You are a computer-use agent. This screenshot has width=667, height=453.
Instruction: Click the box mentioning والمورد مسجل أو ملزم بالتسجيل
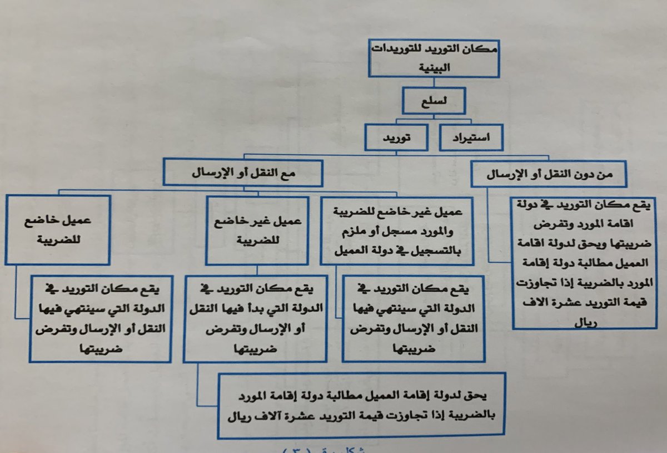[396, 229]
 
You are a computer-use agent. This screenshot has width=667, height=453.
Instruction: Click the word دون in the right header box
[594, 173]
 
